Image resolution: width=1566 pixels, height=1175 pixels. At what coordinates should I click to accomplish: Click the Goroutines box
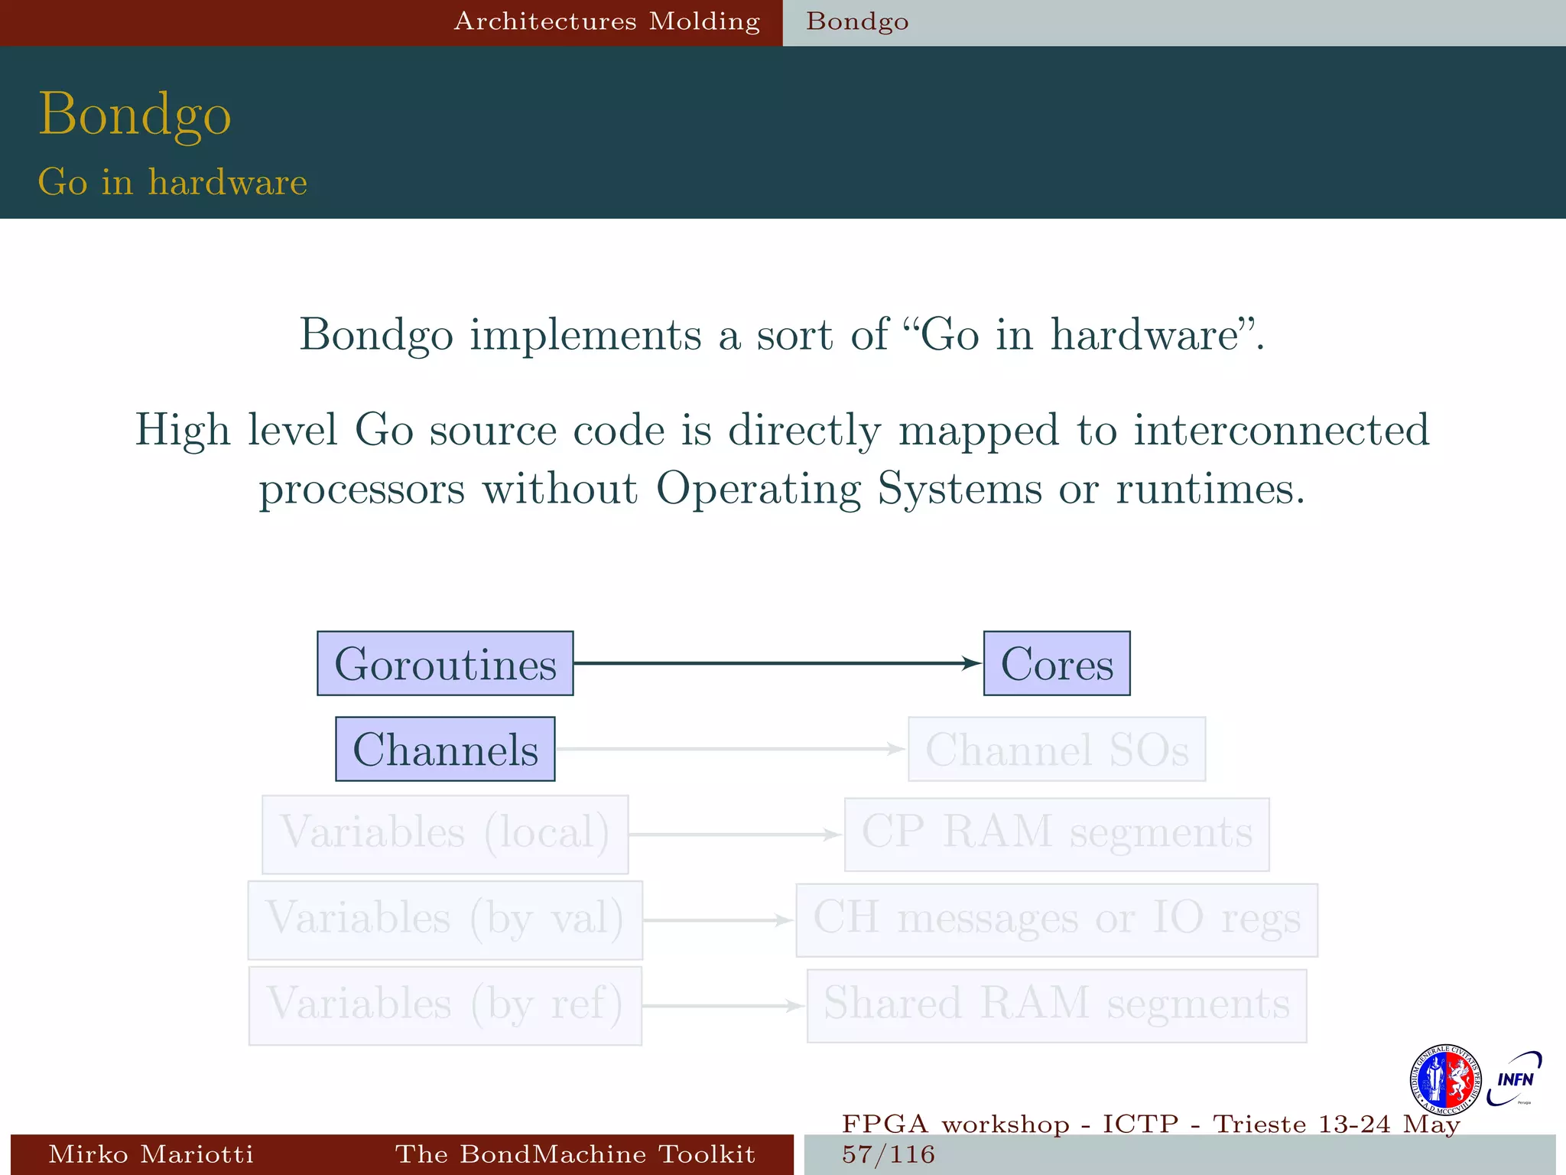pos(445,663)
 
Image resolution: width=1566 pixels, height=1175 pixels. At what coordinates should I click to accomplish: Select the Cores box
pos(1056,663)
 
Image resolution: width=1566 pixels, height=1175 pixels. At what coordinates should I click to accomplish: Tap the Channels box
pos(445,749)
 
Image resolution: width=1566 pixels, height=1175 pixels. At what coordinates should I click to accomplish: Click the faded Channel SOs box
pos(1056,749)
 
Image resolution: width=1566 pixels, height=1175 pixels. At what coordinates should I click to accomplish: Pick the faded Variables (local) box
pos(445,834)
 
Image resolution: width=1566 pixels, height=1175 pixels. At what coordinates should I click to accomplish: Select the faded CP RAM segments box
pos(1056,834)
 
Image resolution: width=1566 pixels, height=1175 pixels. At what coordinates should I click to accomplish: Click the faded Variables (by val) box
pos(445,919)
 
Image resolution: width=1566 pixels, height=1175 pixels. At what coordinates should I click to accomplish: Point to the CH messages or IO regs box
pos(1056,919)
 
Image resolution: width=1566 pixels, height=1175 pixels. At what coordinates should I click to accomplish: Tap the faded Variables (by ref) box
pos(445,1005)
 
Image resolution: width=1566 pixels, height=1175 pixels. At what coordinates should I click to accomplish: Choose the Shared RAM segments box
pos(1056,1005)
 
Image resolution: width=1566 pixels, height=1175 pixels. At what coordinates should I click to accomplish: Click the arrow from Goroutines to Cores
pos(776,663)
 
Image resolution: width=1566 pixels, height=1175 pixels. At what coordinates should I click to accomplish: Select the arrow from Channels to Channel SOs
pos(730,749)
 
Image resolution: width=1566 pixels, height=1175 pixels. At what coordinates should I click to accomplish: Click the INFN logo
pos(1514,1079)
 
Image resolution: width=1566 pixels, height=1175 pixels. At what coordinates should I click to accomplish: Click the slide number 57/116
pos(889,1154)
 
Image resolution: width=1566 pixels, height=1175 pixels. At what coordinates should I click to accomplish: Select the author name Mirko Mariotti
pos(151,1154)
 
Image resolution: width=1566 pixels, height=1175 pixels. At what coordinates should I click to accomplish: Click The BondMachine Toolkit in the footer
pos(575,1154)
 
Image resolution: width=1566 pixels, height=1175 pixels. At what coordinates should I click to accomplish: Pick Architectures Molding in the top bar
pos(607,21)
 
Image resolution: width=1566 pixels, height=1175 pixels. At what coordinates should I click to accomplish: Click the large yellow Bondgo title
pos(135,115)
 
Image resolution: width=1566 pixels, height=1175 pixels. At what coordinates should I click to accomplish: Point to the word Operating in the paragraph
pos(758,488)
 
